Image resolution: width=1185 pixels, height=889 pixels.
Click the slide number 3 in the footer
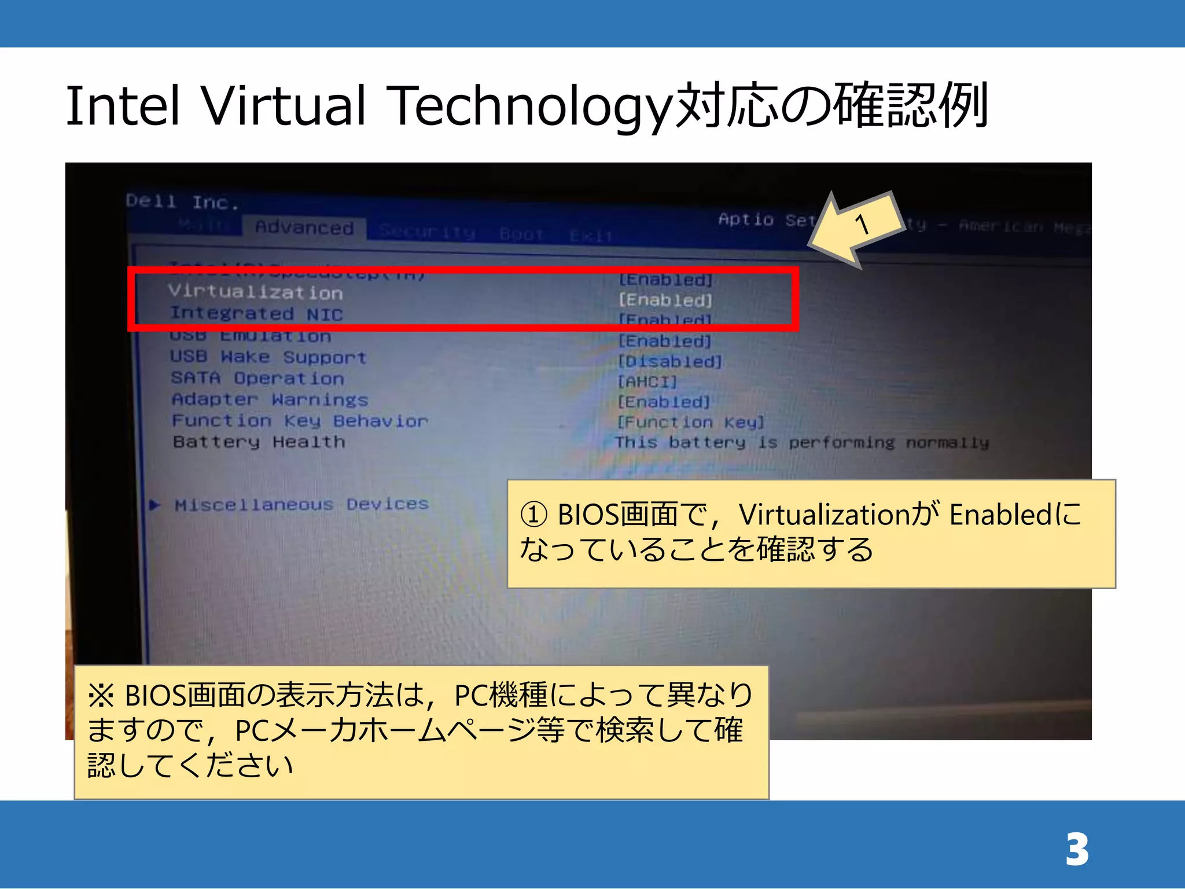(1077, 850)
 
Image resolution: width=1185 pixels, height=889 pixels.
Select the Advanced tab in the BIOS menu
(304, 227)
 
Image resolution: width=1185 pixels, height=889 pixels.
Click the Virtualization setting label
(256, 292)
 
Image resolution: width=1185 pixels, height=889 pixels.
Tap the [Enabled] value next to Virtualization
(665, 300)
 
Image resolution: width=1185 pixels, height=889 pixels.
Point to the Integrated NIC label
(256, 314)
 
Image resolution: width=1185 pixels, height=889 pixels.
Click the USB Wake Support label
(268, 357)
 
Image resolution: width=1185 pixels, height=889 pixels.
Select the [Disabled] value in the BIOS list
(670, 362)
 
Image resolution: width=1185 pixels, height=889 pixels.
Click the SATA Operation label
(257, 379)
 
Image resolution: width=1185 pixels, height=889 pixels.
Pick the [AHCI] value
(647, 382)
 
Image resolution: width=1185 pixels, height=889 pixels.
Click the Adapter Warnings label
(270, 399)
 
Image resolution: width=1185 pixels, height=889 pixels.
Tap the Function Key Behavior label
(300, 421)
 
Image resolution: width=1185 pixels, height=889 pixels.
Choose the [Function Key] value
(691, 423)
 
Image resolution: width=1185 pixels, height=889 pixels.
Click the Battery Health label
(259, 442)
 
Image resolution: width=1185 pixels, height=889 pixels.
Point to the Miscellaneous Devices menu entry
(301, 505)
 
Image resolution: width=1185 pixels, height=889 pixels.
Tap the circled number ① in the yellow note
(533, 515)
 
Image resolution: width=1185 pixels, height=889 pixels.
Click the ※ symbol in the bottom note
(101, 695)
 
